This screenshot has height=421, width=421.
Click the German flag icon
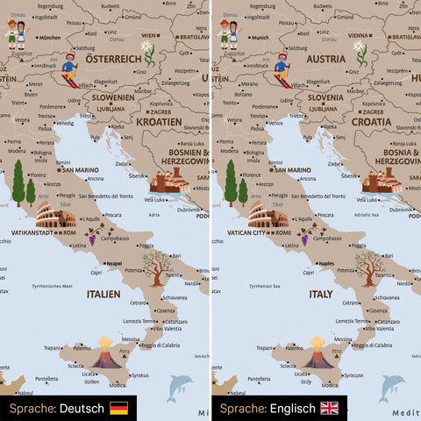[x=118, y=409]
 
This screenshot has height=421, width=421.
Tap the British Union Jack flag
[x=330, y=409]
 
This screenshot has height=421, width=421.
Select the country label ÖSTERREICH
[x=113, y=59]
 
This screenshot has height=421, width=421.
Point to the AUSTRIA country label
[x=326, y=59]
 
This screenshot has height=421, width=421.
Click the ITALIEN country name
[x=103, y=296]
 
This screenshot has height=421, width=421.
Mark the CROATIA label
[x=371, y=122]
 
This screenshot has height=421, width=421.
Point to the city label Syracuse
[x=353, y=375]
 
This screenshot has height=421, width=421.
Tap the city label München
[x=50, y=38]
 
